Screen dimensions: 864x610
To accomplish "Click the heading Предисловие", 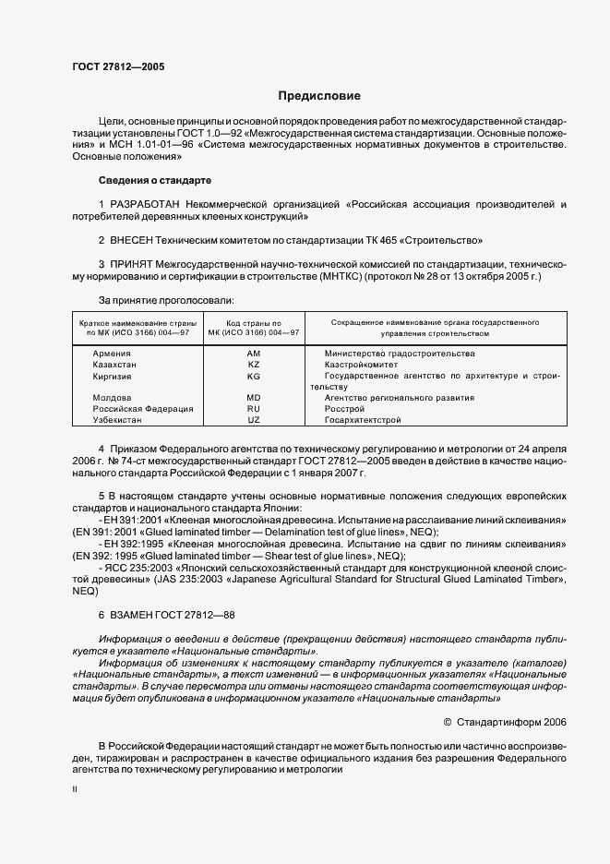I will click(319, 96).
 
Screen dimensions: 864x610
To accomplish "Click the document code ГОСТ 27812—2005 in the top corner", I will click(118, 66).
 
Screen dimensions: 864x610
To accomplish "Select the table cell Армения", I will click(111, 354).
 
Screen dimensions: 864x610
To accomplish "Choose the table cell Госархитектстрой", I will click(363, 420).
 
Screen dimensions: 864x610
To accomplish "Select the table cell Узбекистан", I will click(115, 420).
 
